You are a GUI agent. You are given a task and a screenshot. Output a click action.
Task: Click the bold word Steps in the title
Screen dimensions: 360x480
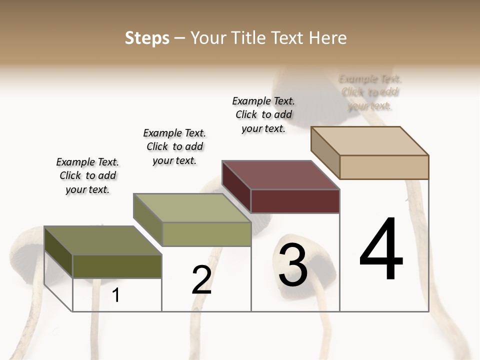147,38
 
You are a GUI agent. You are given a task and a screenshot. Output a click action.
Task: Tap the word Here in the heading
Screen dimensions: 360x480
328,38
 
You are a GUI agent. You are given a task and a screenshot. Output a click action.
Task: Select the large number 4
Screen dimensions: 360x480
381,249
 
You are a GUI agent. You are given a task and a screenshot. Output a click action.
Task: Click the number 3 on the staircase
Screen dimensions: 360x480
293,265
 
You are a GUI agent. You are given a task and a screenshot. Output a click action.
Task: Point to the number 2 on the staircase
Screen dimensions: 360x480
201,280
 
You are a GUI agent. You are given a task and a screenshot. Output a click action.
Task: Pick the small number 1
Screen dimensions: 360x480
116,295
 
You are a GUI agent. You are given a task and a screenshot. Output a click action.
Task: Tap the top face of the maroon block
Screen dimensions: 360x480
280,175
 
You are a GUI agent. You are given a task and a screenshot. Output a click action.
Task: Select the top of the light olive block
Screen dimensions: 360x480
191,207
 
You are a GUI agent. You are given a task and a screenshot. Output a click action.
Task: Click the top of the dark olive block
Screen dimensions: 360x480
102,240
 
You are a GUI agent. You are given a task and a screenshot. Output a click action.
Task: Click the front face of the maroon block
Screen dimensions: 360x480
295,201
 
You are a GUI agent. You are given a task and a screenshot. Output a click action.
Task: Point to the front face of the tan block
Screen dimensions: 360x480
384,167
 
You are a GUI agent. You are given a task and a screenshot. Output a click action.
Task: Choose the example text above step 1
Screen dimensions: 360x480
87,175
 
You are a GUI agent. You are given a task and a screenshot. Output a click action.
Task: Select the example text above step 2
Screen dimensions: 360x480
174,146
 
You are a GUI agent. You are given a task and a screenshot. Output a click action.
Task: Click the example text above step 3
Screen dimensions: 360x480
263,114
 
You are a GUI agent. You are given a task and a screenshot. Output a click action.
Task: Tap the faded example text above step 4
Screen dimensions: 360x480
370,92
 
